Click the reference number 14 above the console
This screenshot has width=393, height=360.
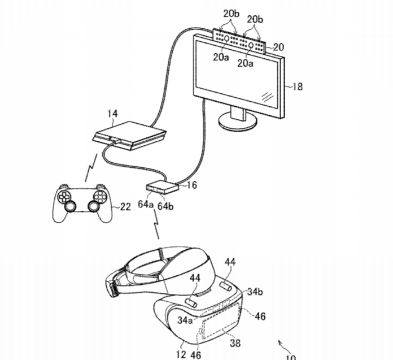[x=112, y=114]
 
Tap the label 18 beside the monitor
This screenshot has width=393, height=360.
[x=298, y=86]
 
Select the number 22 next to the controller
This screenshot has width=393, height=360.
[x=125, y=207]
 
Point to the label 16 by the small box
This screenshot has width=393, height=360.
[x=192, y=185]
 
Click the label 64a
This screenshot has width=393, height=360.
[x=146, y=204]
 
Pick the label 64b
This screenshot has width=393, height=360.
[x=165, y=206]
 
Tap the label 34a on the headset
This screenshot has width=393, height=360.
[x=185, y=320]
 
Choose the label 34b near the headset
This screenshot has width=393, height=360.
[x=255, y=292]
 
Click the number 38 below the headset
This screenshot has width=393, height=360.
[x=235, y=343]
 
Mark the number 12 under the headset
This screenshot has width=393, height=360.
[x=181, y=354]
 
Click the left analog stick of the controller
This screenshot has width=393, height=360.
[x=70, y=206]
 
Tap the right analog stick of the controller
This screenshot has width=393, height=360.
[x=94, y=206]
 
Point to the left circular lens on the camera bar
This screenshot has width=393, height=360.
[x=226, y=38]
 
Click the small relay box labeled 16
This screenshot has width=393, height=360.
[x=162, y=187]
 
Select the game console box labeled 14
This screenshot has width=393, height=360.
[x=129, y=136]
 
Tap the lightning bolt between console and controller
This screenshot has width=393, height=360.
[x=91, y=168]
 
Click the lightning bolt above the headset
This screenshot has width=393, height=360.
[x=156, y=224]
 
